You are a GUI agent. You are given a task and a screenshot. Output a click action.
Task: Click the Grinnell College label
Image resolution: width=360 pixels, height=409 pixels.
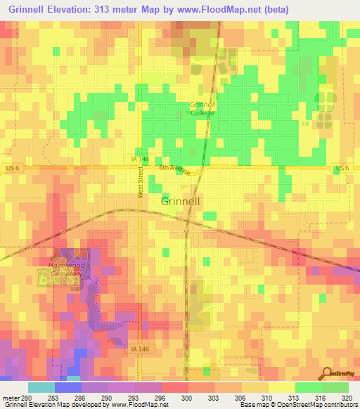(202, 108)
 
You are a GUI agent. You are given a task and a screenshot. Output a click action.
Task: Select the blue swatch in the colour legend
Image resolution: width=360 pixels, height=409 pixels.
(67, 387)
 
